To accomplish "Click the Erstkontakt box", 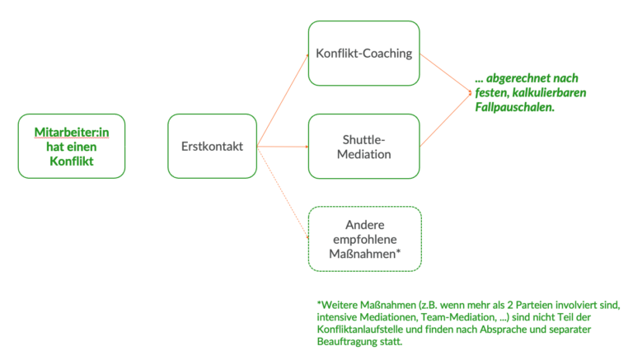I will point(212,147).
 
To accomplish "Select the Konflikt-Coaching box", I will point(364,54).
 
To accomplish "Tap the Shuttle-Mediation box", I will point(364,147).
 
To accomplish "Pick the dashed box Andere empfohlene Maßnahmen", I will point(364,239).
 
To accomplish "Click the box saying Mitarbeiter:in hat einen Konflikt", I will point(71,147).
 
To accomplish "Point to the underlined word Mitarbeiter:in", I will point(72,132).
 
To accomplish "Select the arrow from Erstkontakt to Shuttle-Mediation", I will point(282,147).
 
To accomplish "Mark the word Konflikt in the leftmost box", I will point(71,161).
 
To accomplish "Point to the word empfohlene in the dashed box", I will point(364,239).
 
